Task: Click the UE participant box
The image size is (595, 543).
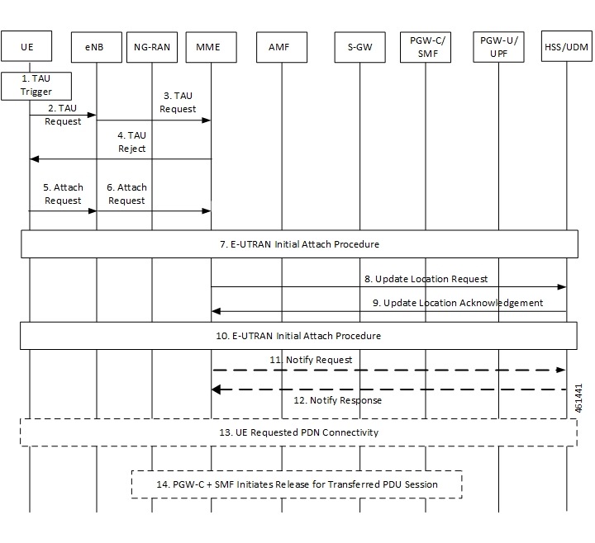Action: point(30,47)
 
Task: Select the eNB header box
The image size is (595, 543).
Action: point(96,47)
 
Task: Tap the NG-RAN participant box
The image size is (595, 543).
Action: point(151,47)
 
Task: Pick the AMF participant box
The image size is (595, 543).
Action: point(281,47)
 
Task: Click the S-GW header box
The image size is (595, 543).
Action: point(359,47)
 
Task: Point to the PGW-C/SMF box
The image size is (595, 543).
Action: point(425,46)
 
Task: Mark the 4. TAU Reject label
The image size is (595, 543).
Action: point(131,143)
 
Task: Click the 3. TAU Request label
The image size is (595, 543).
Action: point(178,102)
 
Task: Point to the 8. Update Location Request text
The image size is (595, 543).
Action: point(426,280)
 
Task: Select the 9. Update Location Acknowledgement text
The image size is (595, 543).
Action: point(457,303)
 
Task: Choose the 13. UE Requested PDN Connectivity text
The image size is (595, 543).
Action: point(298,432)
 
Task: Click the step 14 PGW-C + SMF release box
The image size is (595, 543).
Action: point(297,484)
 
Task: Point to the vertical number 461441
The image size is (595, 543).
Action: point(579,397)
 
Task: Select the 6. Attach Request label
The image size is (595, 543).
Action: point(126,194)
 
